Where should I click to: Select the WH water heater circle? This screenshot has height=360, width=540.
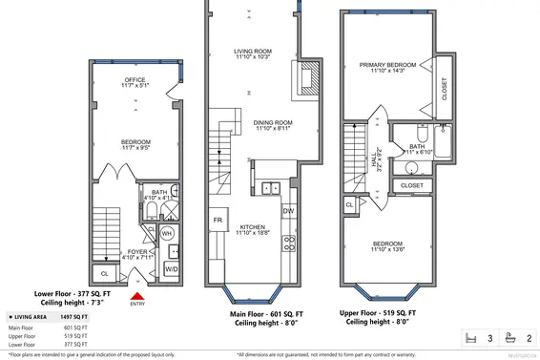[166, 232]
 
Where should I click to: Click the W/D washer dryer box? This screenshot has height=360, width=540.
[172, 270]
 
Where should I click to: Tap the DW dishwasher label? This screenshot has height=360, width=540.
[289, 211]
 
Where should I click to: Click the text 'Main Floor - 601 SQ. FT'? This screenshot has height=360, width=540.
[267, 314]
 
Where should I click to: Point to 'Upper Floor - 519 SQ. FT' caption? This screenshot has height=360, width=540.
[390, 314]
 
